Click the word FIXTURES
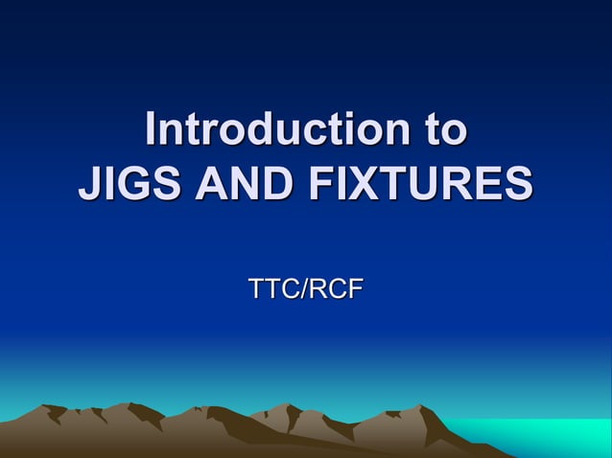(x=422, y=183)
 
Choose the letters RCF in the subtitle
(x=337, y=287)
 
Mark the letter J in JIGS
(x=89, y=183)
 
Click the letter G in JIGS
(x=134, y=183)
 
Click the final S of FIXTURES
(x=517, y=183)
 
